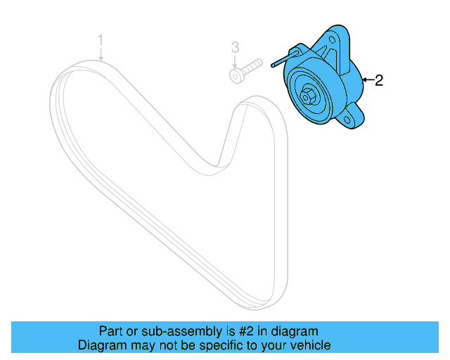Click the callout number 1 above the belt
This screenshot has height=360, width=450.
point(101,38)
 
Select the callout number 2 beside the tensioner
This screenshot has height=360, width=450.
point(379,81)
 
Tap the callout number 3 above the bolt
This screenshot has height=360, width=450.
point(236,47)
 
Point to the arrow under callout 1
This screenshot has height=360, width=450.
point(101,53)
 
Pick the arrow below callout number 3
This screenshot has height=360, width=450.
point(236,61)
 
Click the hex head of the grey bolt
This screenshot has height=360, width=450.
point(236,74)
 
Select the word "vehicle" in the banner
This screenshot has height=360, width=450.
point(312,345)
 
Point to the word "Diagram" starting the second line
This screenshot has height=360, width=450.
point(101,345)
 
